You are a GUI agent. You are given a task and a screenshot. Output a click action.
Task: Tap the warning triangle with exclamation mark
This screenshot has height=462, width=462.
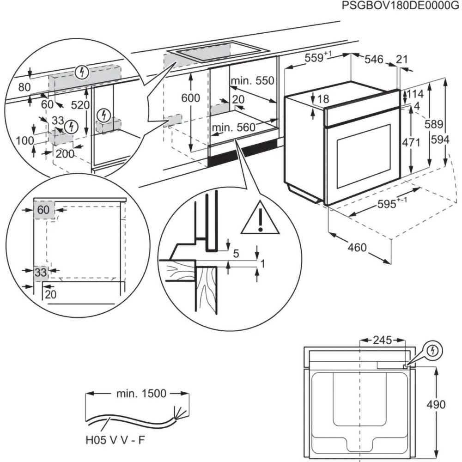click(260, 218)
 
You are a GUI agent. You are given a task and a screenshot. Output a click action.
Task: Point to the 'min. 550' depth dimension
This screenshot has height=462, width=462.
click(253, 81)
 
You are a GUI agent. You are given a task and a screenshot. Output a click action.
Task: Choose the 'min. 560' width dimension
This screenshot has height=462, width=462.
click(234, 128)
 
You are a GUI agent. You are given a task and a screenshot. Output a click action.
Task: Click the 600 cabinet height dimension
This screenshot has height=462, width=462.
click(190, 98)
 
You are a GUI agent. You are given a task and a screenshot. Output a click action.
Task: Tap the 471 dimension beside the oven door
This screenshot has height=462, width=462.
click(411, 142)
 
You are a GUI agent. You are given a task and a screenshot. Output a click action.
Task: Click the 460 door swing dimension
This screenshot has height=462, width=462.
click(357, 248)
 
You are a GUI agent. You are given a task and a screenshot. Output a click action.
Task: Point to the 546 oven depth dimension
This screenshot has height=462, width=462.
click(374, 59)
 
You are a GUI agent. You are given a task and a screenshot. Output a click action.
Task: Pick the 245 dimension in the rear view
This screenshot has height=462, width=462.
click(383, 340)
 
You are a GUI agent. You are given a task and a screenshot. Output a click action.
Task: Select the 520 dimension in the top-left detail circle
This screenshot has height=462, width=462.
click(80, 105)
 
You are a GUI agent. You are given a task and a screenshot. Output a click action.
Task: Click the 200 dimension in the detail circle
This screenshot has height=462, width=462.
click(65, 154)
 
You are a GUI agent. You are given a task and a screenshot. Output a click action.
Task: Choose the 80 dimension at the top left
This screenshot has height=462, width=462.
click(24, 87)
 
